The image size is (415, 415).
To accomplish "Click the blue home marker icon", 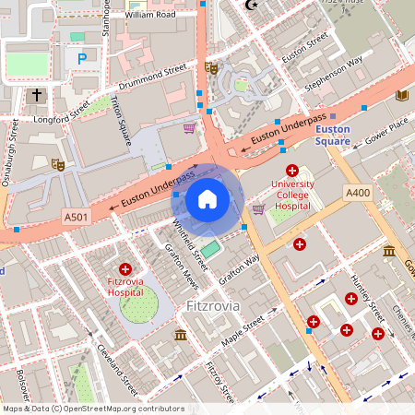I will [x=207, y=199].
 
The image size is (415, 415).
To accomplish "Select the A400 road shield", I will [x=357, y=192].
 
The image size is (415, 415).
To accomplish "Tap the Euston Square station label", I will [x=332, y=136].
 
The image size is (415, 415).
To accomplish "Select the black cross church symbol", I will [x=37, y=95].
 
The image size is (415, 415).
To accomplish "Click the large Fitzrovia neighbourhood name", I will [x=212, y=304].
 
